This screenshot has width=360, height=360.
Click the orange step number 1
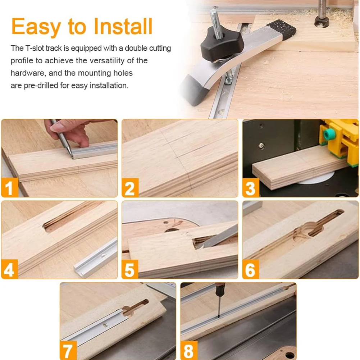[x=10, y=187]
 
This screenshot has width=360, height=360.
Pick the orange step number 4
[x=10, y=269]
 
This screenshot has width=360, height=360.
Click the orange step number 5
[x=130, y=269]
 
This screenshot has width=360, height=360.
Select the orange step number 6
[x=251, y=269]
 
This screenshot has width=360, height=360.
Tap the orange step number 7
[x=68, y=351]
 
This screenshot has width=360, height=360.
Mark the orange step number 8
[x=189, y=351]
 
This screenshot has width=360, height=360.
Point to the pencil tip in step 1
[x=72, y=157]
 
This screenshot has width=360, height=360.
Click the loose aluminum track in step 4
[x=95, y=258]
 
